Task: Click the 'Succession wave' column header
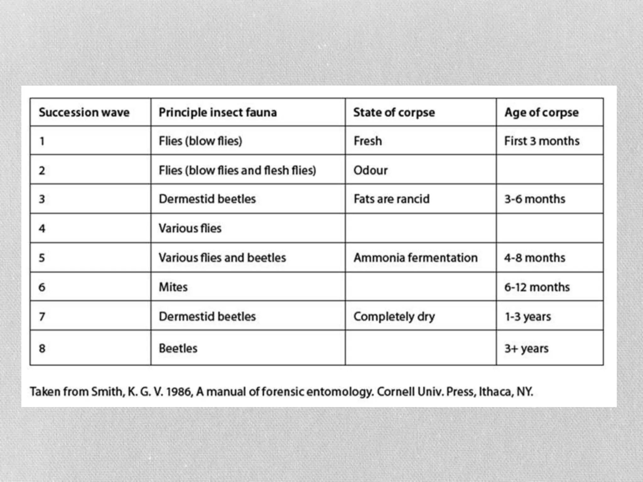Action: (84, 112)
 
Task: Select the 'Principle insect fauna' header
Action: (218, 112)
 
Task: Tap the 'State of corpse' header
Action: (394, 112)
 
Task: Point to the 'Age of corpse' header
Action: (541, 112)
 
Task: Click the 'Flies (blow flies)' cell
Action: (200, 141)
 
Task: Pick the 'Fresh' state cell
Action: (367, 141)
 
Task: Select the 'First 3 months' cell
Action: (542, 141)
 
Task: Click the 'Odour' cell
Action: (370, 170)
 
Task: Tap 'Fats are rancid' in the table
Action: (391, 199)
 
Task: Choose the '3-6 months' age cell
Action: (534, 199)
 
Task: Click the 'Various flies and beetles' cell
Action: (222, 258)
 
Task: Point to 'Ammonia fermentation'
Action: (415, 258)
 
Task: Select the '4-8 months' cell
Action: (534, 258)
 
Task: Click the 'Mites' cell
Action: (173, 287)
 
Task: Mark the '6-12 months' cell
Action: (537, 287)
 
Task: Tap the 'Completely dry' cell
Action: (394, 316)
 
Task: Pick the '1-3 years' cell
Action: (527, 316)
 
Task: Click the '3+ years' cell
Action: (526, 348)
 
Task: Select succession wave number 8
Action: (42, 348)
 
